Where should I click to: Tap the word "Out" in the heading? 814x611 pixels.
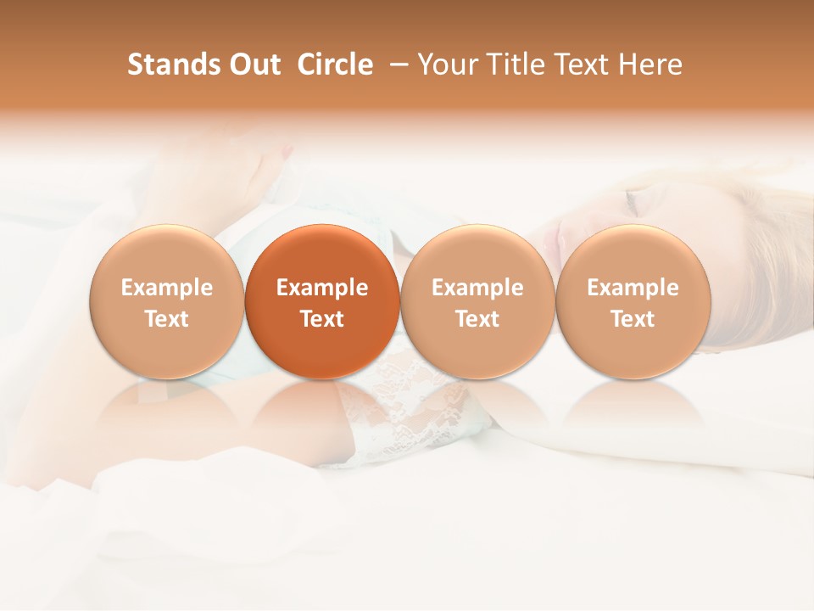[253, 64]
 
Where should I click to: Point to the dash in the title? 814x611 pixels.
[395, 64]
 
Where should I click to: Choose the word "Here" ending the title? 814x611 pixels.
[652, 64]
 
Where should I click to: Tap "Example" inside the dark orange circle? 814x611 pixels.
[322, 288]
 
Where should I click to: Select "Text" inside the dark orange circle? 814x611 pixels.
[322, 319]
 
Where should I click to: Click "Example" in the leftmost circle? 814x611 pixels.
[167, 288]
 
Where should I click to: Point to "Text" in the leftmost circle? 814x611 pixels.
[167, 319]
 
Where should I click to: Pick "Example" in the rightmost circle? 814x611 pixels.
[633, 288]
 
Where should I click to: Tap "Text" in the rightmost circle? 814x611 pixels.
[633, 319]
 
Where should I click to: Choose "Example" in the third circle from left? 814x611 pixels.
[477, 288]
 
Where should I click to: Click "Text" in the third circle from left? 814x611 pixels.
[477, 319]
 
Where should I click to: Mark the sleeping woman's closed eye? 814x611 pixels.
[632, 202]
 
